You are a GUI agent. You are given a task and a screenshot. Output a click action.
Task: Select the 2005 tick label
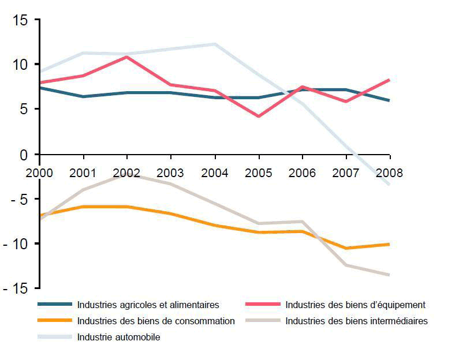(x=259, y=172)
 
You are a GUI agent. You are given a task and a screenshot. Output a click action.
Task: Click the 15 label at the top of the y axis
(x=19, y=21)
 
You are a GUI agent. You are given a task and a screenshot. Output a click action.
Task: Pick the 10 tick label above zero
(x=19, y=65)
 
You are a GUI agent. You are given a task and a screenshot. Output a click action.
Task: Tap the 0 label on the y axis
(x=24, y=155)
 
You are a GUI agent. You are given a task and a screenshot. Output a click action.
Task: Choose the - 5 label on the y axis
(x=17, y=199)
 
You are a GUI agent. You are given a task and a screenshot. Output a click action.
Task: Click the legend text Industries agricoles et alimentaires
(x=148, y=305)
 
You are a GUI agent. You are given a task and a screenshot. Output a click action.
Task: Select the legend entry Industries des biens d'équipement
(x=355, y=305)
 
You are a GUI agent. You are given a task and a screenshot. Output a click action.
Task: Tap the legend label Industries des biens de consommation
(x=156, y=321)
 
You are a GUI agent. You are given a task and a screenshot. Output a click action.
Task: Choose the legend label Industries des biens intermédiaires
(x=356, y=321)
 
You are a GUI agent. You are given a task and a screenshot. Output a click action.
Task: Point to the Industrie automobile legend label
(x=118, y=337)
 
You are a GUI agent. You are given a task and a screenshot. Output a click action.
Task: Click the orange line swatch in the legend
(x=55, y=321)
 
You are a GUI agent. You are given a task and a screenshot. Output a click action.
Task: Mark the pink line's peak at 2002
(x=127, y=57)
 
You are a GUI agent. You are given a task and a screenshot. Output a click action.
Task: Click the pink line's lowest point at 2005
(x=259, y=117)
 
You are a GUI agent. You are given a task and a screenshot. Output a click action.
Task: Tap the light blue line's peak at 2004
(x=215, y=44)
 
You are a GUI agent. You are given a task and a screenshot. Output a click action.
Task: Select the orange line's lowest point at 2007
(x=346, y=248)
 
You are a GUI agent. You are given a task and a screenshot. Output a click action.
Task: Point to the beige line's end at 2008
(x=390, y=275)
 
